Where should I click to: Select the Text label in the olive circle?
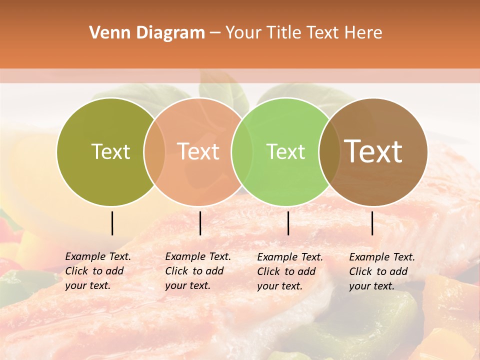coord(110,151)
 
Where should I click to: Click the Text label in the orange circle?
coord(198,151)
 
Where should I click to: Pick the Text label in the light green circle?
coord(285,151)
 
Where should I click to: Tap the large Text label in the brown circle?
coord(373,151)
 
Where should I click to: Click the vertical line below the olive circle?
coord(112,223)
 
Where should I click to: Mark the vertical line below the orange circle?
coord(200,223)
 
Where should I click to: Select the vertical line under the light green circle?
coord(288,223)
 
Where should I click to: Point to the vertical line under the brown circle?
coord(372,223)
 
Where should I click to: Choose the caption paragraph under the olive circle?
coord(98,271)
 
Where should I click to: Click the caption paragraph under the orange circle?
coord(198,271)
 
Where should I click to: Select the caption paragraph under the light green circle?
coord(290,271)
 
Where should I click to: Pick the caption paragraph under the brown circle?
coord(382,271)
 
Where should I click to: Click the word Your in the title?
coord(243,33)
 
